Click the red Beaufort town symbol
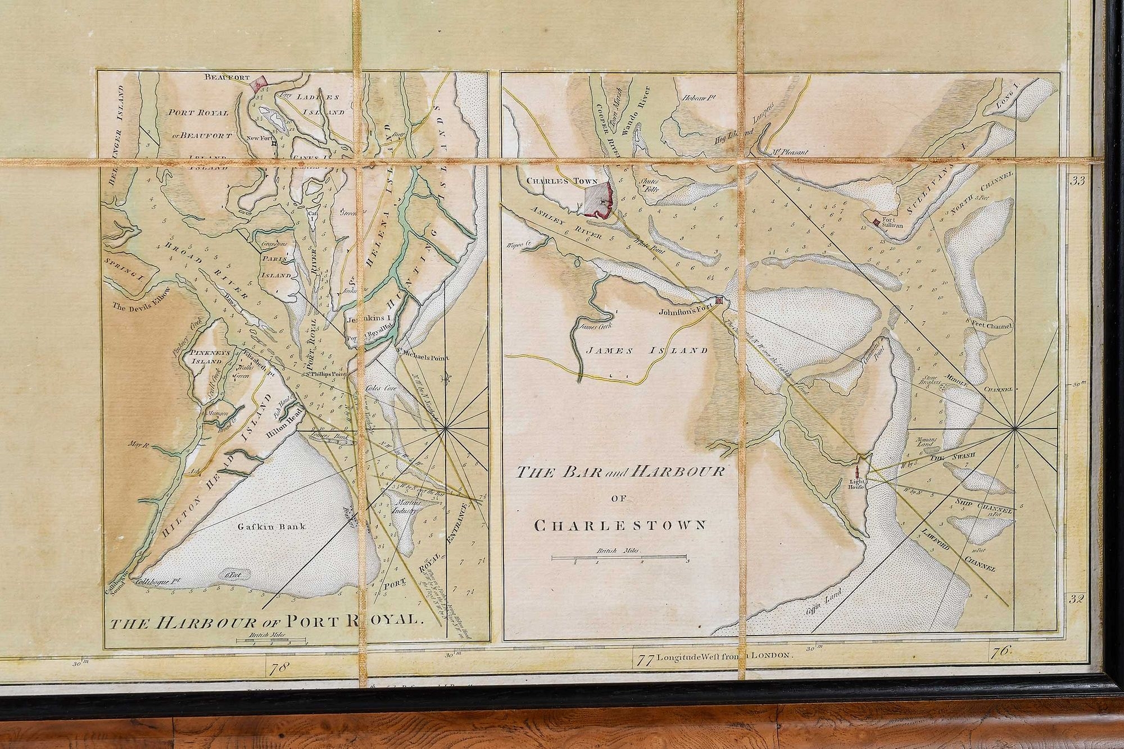(x=259, y=85)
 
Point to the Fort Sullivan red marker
(x=876, y=223)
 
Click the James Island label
(x=646, y=350)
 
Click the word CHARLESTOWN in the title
(x=620, y=526)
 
